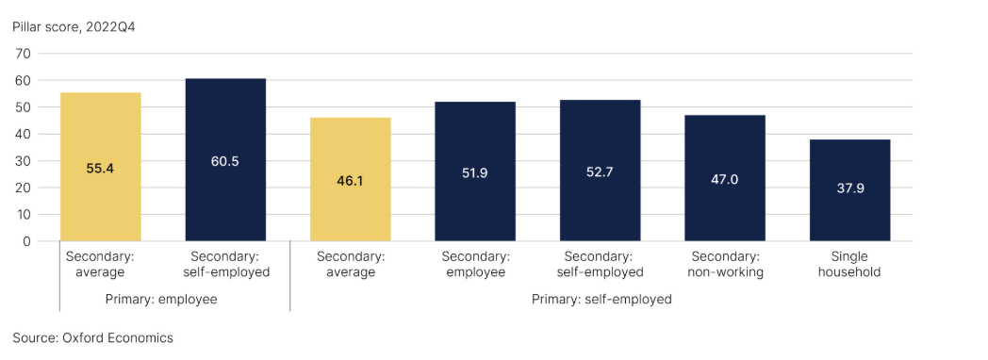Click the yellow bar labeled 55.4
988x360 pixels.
tap(100, 167)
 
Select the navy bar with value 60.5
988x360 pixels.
tap(225, 160)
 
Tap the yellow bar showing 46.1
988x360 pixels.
tap(351, 179)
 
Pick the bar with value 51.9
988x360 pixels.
tap(475, 172)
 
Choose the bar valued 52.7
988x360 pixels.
tap(600, 171)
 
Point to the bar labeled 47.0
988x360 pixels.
tap(725, 178)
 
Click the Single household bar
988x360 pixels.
tap(850, 190)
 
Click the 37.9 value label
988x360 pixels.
tap(850, 188)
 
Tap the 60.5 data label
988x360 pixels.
tap(225, 161)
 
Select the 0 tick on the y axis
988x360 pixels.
tap(26, 241)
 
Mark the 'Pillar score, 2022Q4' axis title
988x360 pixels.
tap(74, 28)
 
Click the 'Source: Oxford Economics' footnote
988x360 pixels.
tap(92, 338)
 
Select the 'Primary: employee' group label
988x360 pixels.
tap(161, 300)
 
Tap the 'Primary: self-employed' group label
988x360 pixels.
tap(601, 300)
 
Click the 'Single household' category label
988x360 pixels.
tap(850, 265)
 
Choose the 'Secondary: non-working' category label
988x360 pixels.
tap(725, 265)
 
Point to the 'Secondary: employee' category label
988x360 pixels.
tap(475, 265)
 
